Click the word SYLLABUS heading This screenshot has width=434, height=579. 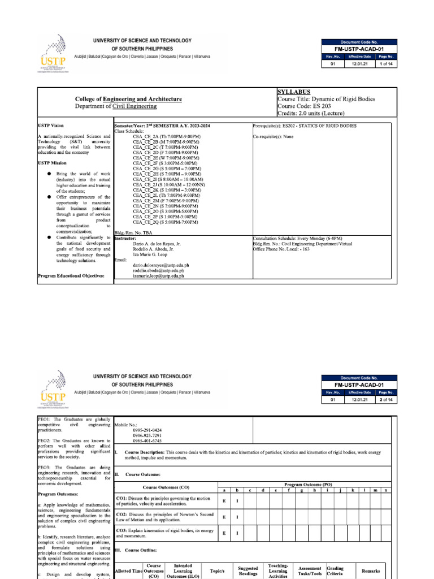294,91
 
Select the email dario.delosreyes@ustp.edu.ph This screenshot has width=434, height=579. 160,265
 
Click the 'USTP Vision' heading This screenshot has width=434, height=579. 51,126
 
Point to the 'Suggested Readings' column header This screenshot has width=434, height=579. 248,571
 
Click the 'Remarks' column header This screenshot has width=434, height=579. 371,571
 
